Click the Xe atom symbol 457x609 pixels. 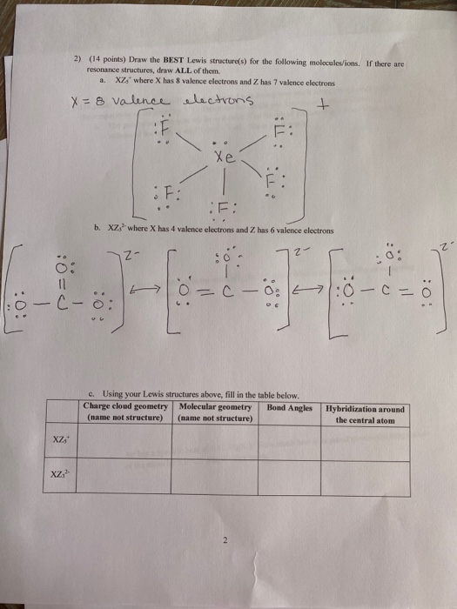[x=227, y=160]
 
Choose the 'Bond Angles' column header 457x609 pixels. [x=292, y=406]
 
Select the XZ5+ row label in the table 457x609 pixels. [x=60, y=441]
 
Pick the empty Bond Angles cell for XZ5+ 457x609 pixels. [x=292, y=442]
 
